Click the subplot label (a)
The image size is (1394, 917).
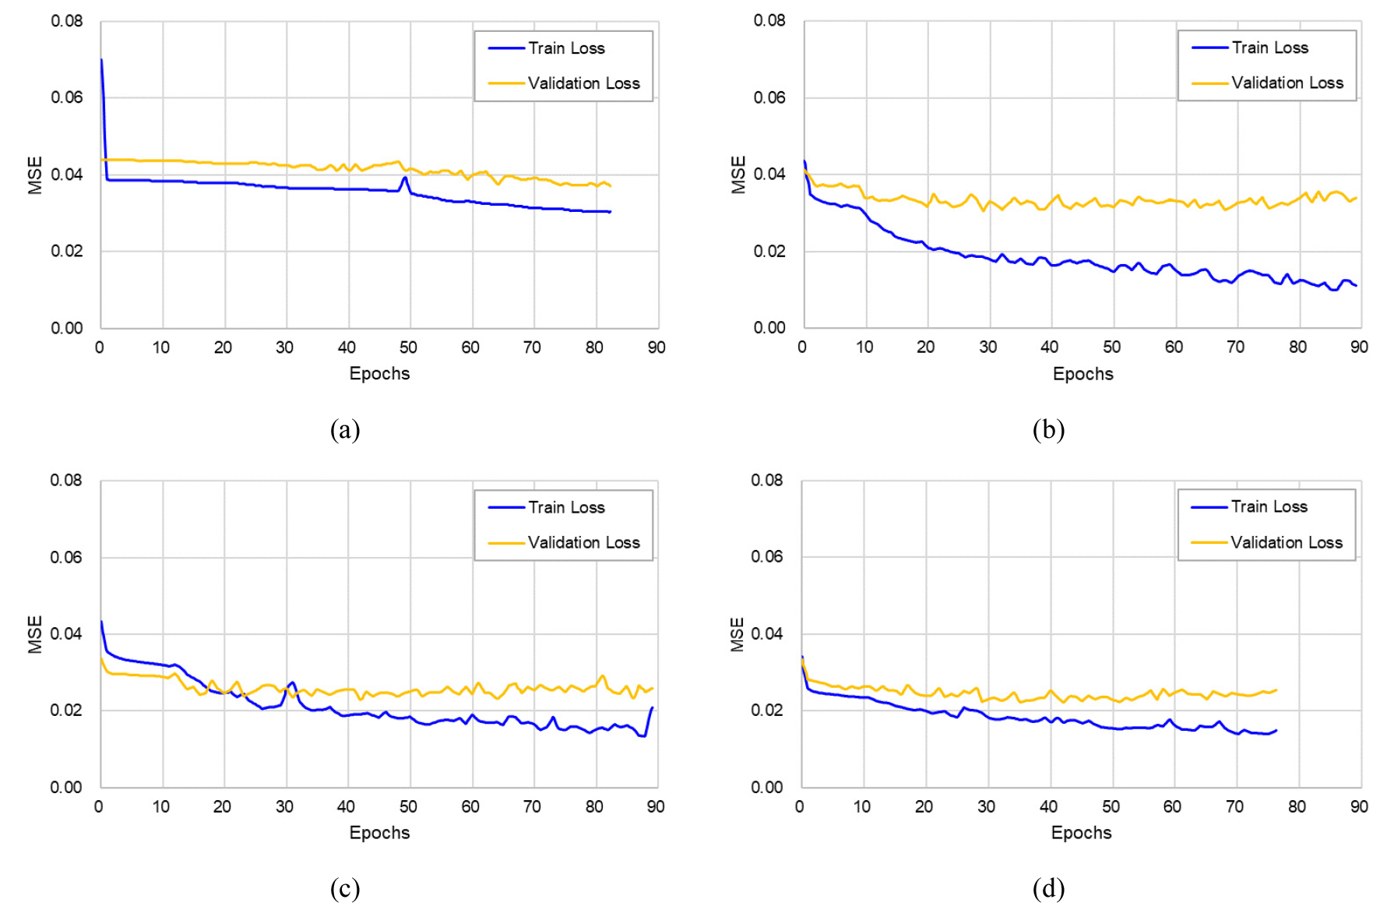pyautogui.click(x=344, y=429)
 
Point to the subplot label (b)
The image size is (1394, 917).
pyautogui.click(x=1048, y=429)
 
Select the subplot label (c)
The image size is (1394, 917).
pyautogui.click(x=344, y=888)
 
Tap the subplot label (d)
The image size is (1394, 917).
pyautogui.click(x=1048, y=888)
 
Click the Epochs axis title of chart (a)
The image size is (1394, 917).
pyautogui.click(x=379, y=373)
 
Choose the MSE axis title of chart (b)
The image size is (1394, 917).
pyautogui.click(x=737, y=175)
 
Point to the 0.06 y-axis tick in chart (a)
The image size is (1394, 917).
pyautogui.click(x=67, y=97)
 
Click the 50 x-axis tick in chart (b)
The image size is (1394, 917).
pyautogui.click(x=1111, y=347)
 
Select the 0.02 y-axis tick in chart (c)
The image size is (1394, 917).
pyautogui.click(x=66, y=710)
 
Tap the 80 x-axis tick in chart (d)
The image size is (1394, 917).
pyautogui.click(x=1297, y=806)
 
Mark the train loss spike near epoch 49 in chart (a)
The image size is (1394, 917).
pyautogui.click(x=404, y=178)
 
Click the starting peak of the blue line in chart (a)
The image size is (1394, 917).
pyautogui.click(x=101, y=60)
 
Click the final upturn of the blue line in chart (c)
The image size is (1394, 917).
pyautogui.click(x=651, y=708)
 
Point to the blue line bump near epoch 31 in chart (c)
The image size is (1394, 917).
pyautogui.click(x=292, y=682)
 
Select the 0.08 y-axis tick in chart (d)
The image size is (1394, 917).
pyautogui.click(x=767, y=480)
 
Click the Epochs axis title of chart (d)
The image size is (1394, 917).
pyautogui.click(x=1081, y=832)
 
